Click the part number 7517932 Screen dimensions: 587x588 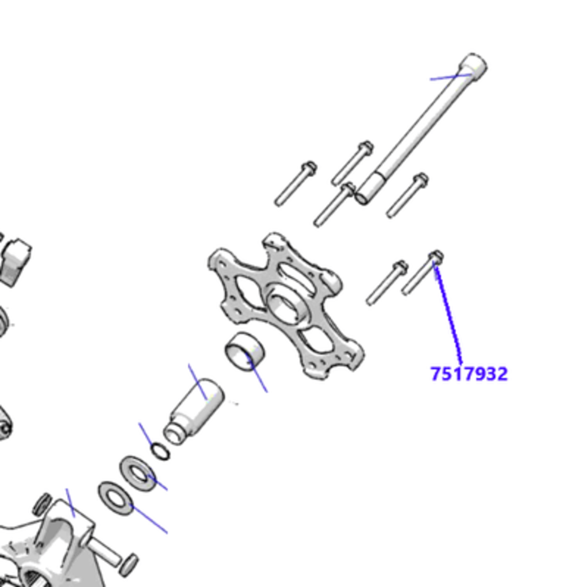469,373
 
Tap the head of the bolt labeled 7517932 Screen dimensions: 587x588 436,256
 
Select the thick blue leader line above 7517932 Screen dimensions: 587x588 448,312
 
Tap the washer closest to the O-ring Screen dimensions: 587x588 138,474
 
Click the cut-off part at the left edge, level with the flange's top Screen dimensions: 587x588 15,259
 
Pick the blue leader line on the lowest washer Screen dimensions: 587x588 149,520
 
